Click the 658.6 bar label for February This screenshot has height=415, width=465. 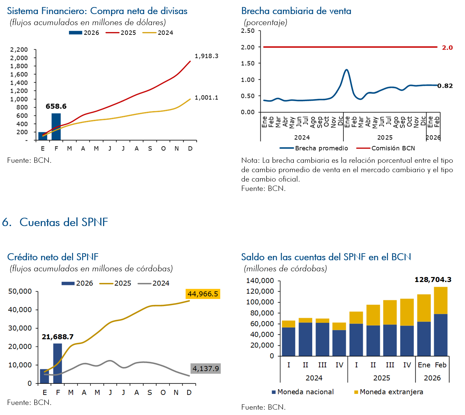(56, 107)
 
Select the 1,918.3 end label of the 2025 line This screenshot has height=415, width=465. (206, 56)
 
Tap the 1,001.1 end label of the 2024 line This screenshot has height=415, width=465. (206, 97)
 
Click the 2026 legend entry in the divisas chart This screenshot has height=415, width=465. (84, 33)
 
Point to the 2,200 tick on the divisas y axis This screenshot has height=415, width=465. (19, 50)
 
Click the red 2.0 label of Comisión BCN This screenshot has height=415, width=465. (447, 48)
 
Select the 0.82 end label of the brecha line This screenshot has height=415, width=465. (445, 86)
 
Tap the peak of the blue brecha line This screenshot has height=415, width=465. (346, 70)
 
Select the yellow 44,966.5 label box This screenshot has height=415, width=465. (203, 294)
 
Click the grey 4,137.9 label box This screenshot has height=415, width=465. (205, 369)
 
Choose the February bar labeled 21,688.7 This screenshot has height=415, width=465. (58, 363)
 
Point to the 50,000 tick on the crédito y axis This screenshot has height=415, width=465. (20, 291)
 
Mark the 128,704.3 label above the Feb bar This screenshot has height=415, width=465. (433, 280)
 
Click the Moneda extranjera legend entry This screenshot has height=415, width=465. (388, 392)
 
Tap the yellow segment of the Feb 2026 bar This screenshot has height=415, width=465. (441, 300)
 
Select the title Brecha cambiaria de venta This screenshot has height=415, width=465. (296, 11)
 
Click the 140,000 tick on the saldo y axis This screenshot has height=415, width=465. (260, 281)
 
